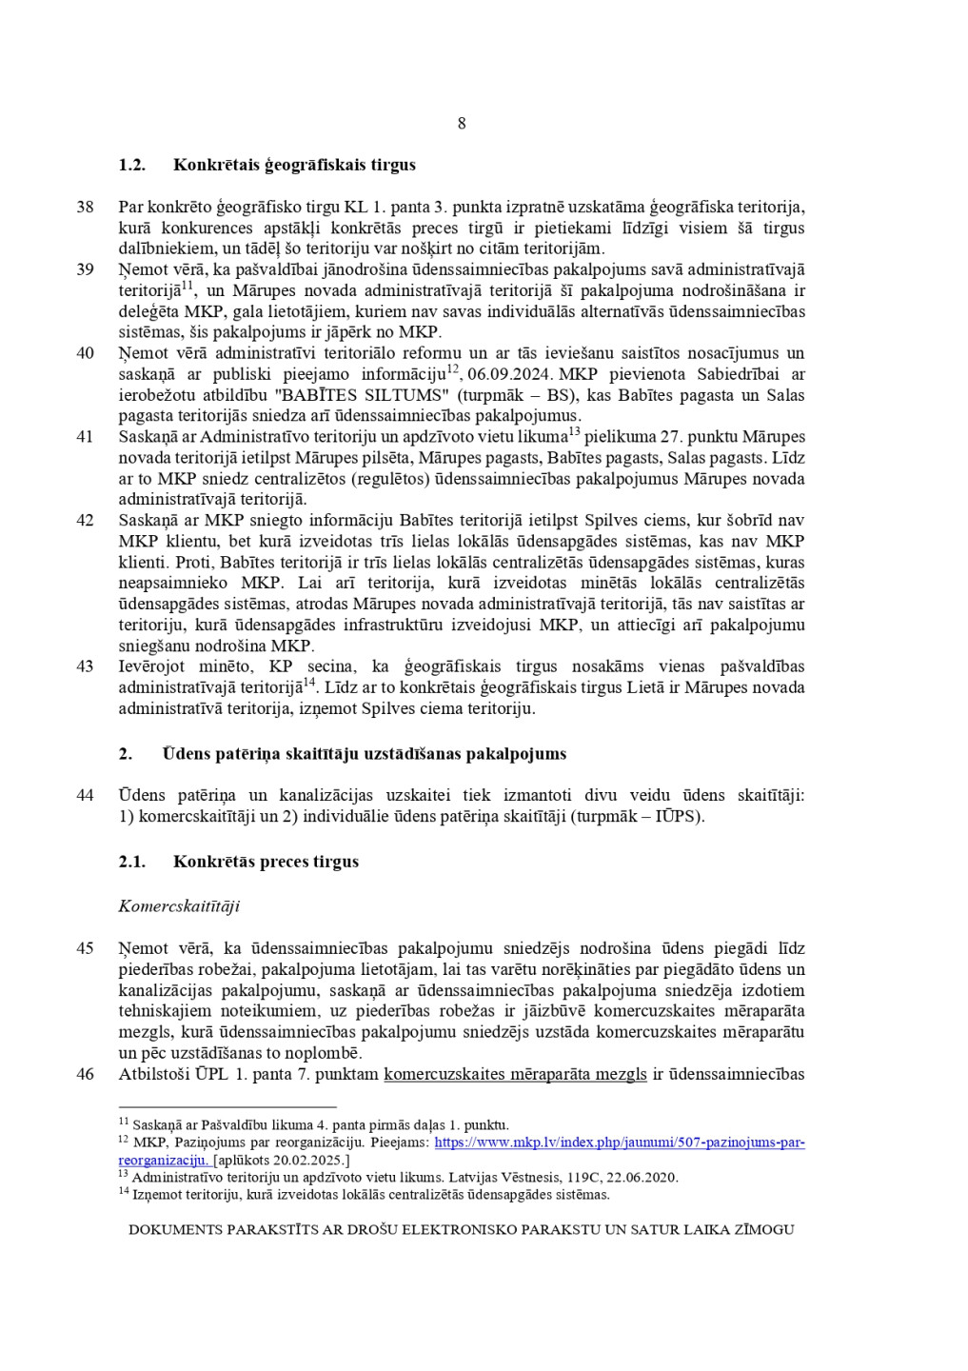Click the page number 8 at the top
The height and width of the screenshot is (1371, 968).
click(462, 124)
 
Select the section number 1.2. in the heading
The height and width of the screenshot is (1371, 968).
click(131, 165)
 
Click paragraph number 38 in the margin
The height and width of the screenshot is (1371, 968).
click(86, 207)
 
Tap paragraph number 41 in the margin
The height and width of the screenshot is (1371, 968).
click(86, 437)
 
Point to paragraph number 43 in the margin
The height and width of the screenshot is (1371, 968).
click(86, 666)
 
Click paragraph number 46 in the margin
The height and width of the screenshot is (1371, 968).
click(86, 1074)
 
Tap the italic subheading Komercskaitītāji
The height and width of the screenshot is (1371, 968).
click(179, 905)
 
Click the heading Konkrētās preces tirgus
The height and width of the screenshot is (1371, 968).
click(266, 862)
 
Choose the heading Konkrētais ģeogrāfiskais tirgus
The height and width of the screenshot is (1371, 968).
click(294, 165)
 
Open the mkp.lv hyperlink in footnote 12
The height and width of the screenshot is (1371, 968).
click(619, 1142)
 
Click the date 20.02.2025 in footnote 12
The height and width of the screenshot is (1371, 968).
click(307, 1161)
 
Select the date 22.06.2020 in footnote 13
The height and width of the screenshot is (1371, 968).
click(643, 1178)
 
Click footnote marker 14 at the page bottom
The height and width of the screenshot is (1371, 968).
click(123, 1192)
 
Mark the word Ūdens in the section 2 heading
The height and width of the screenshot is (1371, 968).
click(184, 754)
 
